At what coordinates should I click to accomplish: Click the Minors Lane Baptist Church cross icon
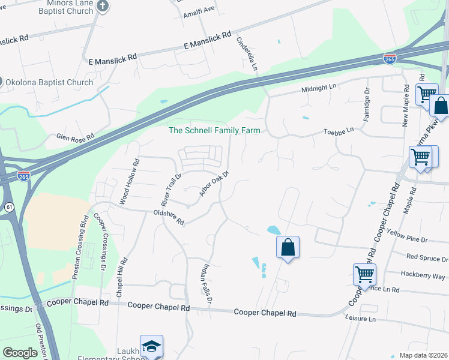tap(103, 6)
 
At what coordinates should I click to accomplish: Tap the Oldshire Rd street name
tap(168, 217)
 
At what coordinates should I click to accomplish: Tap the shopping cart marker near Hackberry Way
tap(364, 275)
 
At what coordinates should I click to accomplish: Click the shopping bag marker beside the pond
tap(288, 247)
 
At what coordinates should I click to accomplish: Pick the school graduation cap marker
tap(151, 346)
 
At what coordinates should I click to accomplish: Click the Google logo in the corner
tap(20, 352)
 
